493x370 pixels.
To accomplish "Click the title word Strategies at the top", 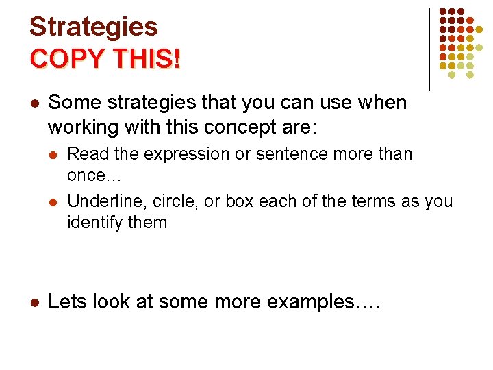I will [94, 27].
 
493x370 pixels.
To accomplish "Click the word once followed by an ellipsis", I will [94, 175].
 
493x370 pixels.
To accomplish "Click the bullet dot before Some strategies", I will [34, 103].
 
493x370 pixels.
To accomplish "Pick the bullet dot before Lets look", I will [34, 302].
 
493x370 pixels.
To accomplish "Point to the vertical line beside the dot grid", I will [429, 49].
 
